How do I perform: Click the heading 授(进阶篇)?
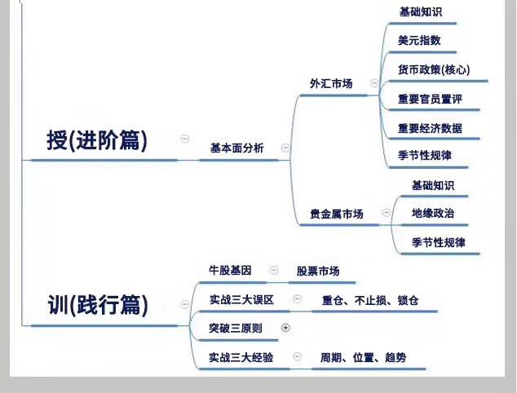coord(97,140)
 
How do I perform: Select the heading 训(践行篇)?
coord(98,305)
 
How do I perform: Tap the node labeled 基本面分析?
coord(237,148)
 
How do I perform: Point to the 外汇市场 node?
coord(331,84)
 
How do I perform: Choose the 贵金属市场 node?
coord(337,214)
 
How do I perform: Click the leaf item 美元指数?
coord(419,41)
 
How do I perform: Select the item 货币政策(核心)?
coord(434,69)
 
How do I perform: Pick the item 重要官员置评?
coord(430,99)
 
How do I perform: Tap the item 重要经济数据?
coord(430,128)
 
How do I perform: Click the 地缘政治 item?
coord(433,214)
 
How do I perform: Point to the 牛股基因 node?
coord(230,271)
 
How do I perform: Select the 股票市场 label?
coord(318,271)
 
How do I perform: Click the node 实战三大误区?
coord(241,300)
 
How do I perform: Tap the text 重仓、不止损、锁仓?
coord(370,300)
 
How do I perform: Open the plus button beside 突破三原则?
coord(285,328)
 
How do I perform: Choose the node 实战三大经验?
coord(241,357)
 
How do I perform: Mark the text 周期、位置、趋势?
coord(363,357)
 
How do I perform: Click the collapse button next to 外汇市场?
coord(374,82)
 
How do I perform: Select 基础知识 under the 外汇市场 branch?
coord(421,12)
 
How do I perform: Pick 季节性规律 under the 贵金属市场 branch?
coord(438,243)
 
